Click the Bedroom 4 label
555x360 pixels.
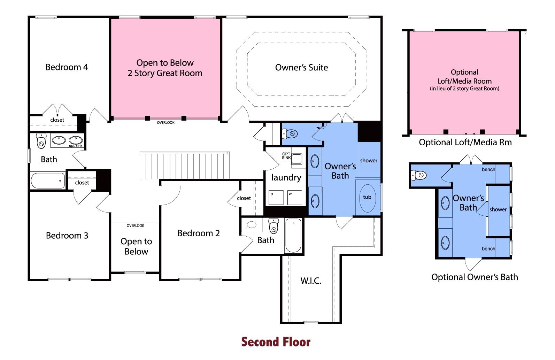tap(67, 67)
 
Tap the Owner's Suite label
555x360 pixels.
tap(301, 67)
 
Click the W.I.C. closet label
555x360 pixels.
tap(311, 281)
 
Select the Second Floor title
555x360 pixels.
tap(276, 342)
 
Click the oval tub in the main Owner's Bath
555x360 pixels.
tap(367, 198)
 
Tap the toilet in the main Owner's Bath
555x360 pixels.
tap(290, 134)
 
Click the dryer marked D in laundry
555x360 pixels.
tap(276, 198)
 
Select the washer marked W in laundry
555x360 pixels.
tap(295, 198)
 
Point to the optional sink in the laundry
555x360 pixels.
tap(296, 159)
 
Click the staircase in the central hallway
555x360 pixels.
tap(185, 166)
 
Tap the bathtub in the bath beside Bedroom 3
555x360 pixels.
tap(48, 181)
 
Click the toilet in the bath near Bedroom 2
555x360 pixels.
tap(273, 226)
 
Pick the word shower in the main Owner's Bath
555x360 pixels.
tap(369, 161)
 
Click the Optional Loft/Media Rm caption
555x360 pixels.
tap(465, 143)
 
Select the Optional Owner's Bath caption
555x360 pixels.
tap(475, 277)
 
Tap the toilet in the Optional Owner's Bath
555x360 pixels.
tap(418, 175)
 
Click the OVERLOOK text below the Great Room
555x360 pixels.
tap(166, 123)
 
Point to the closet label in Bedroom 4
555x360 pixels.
tap(57, 120)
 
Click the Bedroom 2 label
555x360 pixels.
tap(199, 233)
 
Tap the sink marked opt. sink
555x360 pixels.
tap(76, 140)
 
